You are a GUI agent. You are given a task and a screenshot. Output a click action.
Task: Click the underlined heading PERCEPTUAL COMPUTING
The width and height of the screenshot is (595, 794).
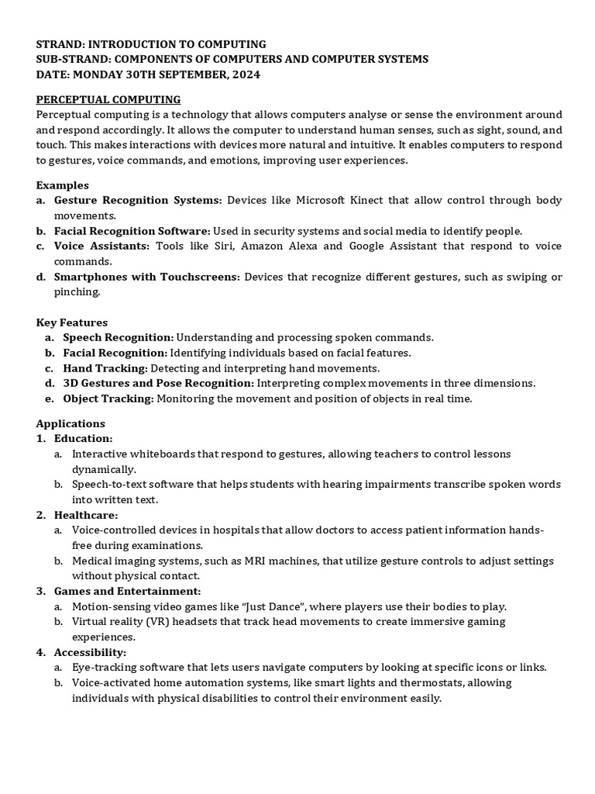point(108,99)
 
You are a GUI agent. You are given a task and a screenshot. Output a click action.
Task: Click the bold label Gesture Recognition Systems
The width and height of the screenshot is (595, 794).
point(138,200)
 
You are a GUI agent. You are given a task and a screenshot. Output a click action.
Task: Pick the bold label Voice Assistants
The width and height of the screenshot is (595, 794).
point(102,246)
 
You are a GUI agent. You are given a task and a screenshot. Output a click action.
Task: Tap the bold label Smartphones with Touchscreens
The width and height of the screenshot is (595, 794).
point(147,277)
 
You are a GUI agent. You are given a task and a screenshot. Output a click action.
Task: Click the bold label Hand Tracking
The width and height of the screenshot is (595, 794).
point(105,368)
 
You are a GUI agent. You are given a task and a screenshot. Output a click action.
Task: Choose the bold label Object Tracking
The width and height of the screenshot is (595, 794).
point(108,399)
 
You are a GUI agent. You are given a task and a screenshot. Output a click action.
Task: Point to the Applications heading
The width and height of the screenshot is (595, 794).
point(71,423)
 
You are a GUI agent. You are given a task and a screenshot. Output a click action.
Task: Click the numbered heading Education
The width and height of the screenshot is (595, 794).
point(84,439)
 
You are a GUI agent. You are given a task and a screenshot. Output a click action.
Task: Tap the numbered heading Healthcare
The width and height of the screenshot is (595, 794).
point(86,515)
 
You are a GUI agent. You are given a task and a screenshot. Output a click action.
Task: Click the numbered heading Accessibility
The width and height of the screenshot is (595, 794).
point(90,652)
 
